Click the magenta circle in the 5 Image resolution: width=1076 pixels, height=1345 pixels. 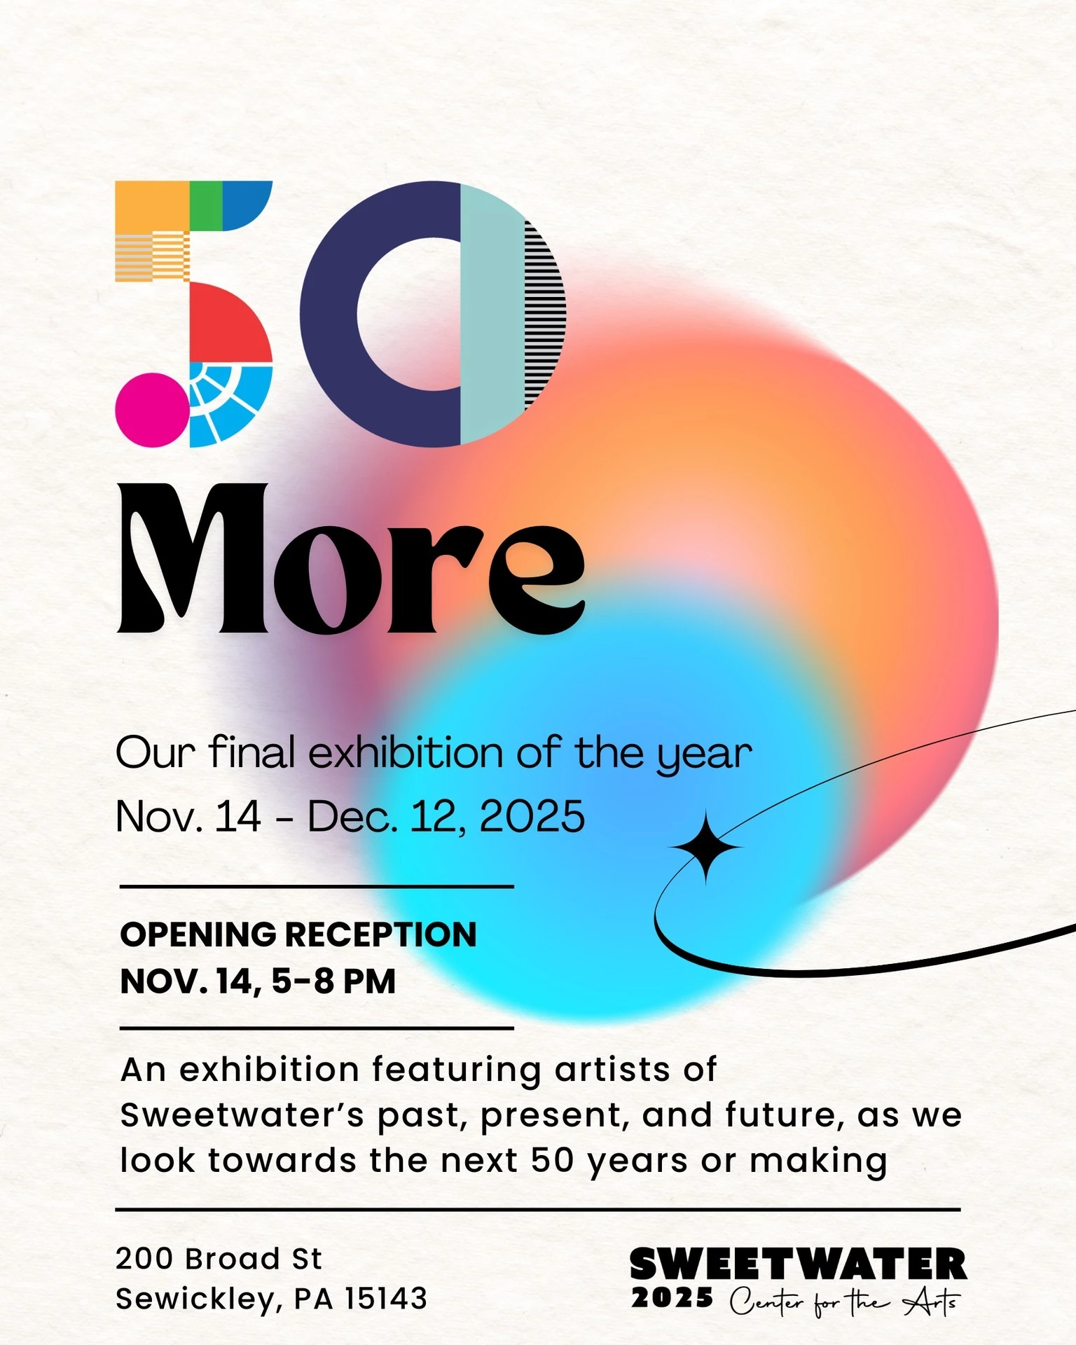(152, 410)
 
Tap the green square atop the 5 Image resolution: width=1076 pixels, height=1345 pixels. (206, 206)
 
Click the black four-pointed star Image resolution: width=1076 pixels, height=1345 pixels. (706, 848)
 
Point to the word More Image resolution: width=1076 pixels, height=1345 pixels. (350, 559)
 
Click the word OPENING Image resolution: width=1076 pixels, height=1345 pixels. (198, 934)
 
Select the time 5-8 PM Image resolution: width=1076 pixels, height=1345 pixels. (333, 981)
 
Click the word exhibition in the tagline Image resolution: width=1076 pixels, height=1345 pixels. (406, 753)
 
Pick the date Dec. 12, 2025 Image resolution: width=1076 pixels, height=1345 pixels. (446, 817)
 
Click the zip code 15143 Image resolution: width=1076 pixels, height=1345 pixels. (386, 1299)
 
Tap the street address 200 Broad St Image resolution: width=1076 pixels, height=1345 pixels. (219, 1259)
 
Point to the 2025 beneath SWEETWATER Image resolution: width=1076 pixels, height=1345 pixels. (672, 1298)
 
